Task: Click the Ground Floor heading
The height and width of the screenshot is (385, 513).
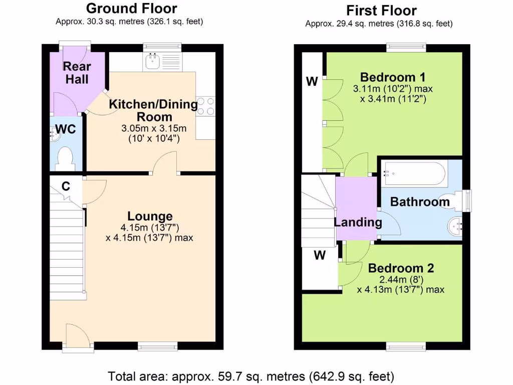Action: point(131,9)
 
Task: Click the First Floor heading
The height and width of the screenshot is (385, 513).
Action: point(381,11)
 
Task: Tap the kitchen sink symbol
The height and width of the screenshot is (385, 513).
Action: point(152,62)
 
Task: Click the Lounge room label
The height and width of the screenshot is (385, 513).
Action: point(150,217)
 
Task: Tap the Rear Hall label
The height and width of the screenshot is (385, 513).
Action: point(77,73)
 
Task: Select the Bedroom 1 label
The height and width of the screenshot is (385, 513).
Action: point(393,77)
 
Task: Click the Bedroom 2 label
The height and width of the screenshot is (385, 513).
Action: point(401,268)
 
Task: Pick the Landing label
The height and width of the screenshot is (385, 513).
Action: point(358,222)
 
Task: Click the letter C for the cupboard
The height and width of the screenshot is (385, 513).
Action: point(65,186)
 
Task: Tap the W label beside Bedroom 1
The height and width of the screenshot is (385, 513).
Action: point(312,82)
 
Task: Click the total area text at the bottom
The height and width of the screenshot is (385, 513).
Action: point(251,375)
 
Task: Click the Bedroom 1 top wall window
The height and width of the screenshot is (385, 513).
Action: point(406,47)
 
